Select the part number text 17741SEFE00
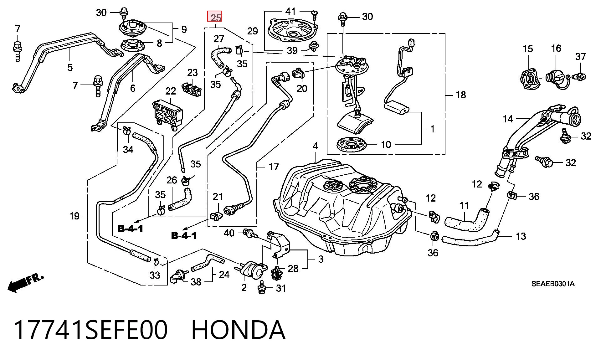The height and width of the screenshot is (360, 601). [90, 330]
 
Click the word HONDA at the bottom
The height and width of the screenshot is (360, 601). [238, 330]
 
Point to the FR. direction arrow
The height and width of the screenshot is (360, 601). [25, 283]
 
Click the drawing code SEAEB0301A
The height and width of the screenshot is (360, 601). [553, 284]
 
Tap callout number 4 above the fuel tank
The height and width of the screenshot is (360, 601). [315, 146]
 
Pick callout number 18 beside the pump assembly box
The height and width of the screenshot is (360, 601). [461, 95]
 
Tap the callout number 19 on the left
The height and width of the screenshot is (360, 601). [74, 216]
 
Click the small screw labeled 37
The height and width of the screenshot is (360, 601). [579, 76]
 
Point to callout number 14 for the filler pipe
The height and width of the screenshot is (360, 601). [508, 119]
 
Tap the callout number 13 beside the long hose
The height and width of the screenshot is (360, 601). [521, 236]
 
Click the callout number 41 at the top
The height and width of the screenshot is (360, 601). [290, 11]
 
